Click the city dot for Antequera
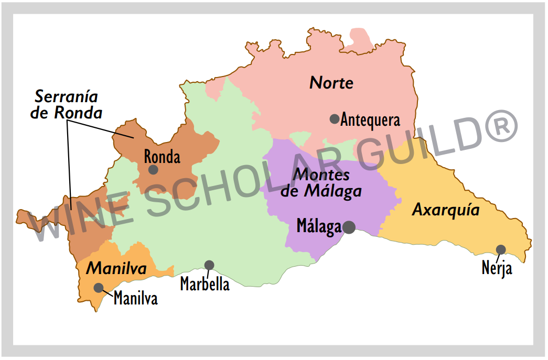334,119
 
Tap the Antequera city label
370,120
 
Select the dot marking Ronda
153,169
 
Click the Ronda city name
162,157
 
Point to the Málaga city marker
349,227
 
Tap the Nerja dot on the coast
501,249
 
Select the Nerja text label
497,269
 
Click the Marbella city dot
209,265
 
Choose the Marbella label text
205,284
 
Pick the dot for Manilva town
98,287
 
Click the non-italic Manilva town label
135,298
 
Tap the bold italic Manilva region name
116,268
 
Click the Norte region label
331,83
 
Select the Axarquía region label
446,210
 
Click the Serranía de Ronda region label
67,104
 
